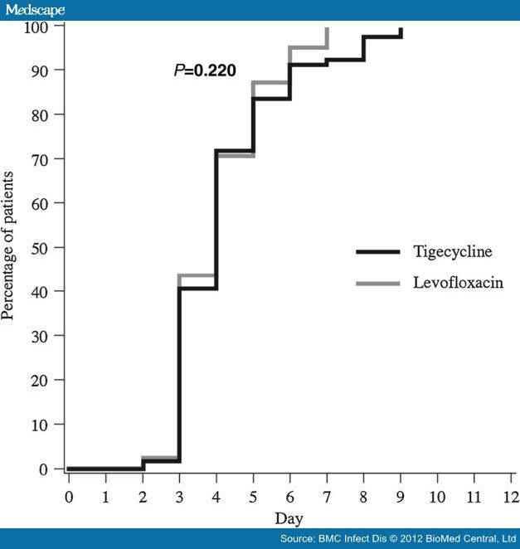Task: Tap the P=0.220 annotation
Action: (203, 71)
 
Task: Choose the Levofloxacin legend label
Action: (458, 283)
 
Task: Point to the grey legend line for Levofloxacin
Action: (377, 284)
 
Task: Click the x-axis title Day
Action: (289, 518)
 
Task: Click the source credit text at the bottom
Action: (397, 539)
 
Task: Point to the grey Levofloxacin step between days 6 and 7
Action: (308, 48)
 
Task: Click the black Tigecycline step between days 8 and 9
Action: (381, 36)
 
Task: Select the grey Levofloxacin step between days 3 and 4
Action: (197, 275)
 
